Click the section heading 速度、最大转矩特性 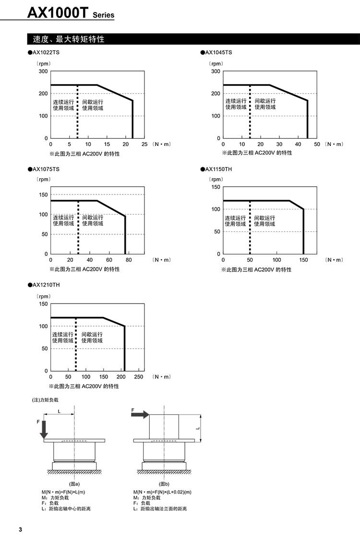[69, 39]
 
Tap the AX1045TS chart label [218, 52]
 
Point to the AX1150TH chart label [218, 169]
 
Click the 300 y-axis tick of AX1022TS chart [43, 71]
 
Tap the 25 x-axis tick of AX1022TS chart [144, 144]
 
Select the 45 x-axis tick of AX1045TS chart [298, 144]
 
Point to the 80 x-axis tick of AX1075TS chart [128, 260]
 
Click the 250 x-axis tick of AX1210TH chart [139, 377]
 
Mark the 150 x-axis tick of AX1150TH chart [303, 260]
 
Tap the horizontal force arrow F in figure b [140, 415]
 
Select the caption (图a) [74, 484]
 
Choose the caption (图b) [164, 484]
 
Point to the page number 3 [20, 529]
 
